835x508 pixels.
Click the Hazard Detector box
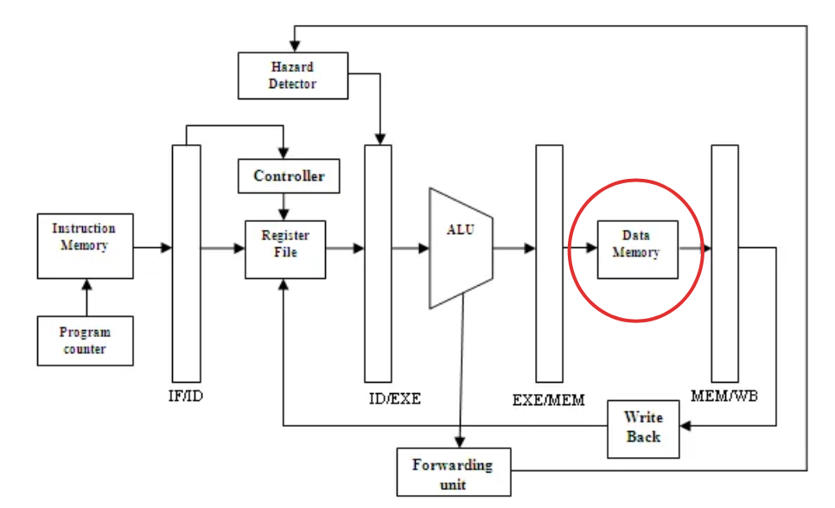[x=293, y=76]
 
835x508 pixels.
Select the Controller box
[x=289, y=175]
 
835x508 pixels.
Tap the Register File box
[x=285, y=250]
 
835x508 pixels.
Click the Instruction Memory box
[x=86, y=246]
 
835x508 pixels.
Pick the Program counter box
[x=86, y=340]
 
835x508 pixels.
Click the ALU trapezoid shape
[x=462, y=248]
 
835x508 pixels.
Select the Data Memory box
[x=637, y=250]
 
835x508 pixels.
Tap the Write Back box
[x=643, y=429]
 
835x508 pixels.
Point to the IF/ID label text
[x=186, y=397]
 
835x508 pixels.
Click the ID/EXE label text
[x=395, y=399]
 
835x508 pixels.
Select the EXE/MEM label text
[x=549, y=400]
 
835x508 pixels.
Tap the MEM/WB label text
[x=724, y=397]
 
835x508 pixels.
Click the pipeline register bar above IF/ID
[x=187, y=264]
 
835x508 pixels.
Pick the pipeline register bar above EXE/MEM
[x=549, y=264]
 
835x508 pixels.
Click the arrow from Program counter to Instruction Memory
[x=86, y=297]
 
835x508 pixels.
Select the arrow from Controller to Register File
[x=284, y=206]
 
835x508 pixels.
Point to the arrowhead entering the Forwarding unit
[x=460, y=442]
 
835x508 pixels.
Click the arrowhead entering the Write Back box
[x=686, y=425]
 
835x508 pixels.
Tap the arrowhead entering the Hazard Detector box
[x=295, y=47]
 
